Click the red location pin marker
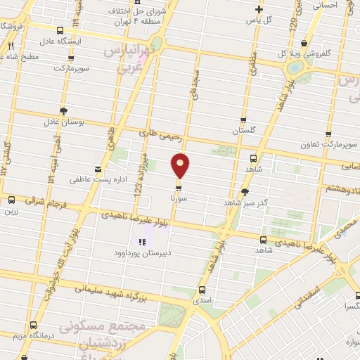(x=181, y=165)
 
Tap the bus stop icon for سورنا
(x=179, y=188)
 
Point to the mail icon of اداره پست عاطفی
(x=97, y=169)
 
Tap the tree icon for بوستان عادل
(x=64, y=111)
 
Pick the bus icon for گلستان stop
(x=244, y=120)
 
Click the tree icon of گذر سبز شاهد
(x=244, y=191)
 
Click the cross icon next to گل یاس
(x=259, y=9)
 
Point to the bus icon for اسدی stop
(x=202, y=290)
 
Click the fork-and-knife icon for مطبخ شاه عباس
(x=11, y=46)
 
